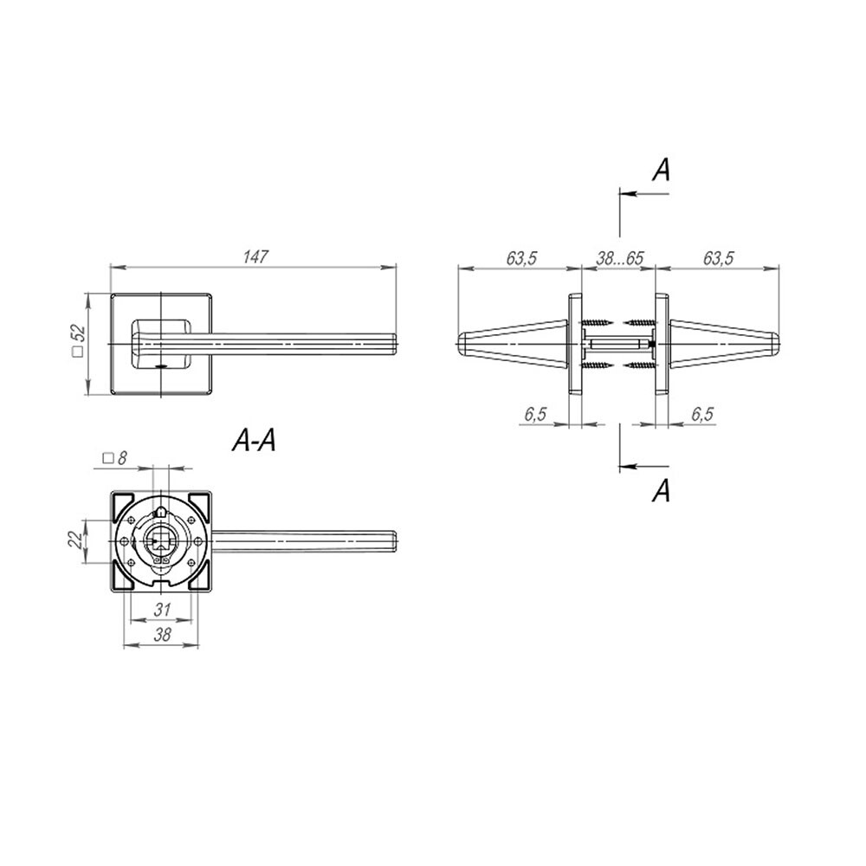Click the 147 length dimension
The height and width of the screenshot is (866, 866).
[x=255, y=257]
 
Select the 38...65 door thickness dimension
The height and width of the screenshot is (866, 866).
[x=620, y=258]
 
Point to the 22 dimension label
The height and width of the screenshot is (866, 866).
[x=74, y=539]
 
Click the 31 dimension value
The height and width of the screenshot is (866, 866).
[x=162, y=610]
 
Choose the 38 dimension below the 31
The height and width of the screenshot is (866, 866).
[x=162, y=635]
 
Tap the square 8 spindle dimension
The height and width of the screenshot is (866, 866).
[x=115, y=458]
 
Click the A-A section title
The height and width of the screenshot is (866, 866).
[x=254, y=442]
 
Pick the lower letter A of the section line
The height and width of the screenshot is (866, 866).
[x=661, y=490]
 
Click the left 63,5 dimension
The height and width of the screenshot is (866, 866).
[x=521, y=258]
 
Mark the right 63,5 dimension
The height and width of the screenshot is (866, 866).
[x=718, y=258]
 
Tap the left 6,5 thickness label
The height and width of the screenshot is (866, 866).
[x=535, y=414]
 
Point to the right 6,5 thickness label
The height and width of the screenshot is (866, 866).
[x=702, y=414]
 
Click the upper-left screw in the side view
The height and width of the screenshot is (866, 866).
[x=597, y=321]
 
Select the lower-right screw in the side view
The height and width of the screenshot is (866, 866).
[x=639, y=365]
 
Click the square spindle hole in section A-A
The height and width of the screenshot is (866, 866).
[x=159, y=540]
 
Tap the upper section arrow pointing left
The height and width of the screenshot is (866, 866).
[x=644, y=194]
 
